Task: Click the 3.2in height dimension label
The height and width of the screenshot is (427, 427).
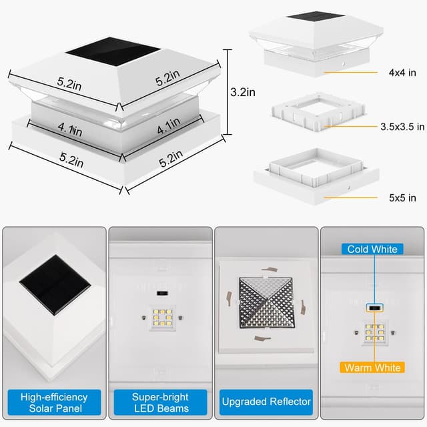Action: click(x=243, y=92)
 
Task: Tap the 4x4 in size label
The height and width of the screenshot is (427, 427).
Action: click(x=402, y=73)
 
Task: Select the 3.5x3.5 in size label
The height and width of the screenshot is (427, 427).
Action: click(x=402, y=127)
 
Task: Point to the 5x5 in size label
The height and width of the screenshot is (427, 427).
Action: click(x=402, y=197)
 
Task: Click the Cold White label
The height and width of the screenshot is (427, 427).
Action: click(x=372, y=249)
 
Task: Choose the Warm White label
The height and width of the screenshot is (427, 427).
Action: click(x=372, y=368)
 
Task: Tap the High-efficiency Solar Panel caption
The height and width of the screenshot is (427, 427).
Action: click(x=54, y=402)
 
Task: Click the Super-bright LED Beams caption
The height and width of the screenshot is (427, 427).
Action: click(x=160, y=402)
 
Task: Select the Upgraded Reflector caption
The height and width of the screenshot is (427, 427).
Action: click(x=266, y=402)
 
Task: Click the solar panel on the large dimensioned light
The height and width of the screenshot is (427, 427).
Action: click(x=113, y=52)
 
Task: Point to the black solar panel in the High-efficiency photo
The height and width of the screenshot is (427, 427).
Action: click(x=55, y=285)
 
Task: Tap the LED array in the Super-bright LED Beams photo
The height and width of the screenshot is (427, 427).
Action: click(x=162, y=318)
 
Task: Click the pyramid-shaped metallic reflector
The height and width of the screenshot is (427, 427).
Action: click(x=267, y=303)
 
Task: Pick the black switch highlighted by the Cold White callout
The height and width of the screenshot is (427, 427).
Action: click(x=375, y=308)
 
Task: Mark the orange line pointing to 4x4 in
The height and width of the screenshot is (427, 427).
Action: click(x=350, y=73)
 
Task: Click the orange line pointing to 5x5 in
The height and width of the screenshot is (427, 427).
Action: click(x=350, y=197)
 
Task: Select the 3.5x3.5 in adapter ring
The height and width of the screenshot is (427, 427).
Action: click(x=318, y=112)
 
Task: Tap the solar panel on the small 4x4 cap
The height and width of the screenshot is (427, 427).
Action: click(x=316, y=16)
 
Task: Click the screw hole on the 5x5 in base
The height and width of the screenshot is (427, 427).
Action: click(x=348, y=188)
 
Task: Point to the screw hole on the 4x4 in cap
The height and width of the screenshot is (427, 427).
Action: click(x=344, y=65)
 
